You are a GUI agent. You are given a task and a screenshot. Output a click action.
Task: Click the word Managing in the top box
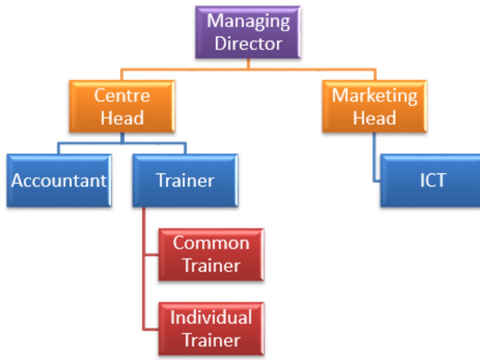pyautogui.click(x=248, y=21)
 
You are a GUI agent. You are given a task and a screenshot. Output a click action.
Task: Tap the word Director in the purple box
pyautogui.click(x=248, y=44)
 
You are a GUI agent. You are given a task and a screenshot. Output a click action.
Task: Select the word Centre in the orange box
pyautogui.click(x=122, y=96)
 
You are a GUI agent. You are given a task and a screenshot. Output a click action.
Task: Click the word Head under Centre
pyautogui.click(x=122, y=118)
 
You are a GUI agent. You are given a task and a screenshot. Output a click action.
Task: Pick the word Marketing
pyautogui.click(x=374, y=96)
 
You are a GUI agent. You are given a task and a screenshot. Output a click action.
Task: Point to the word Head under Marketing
pyautogui.click(x=374, y=118)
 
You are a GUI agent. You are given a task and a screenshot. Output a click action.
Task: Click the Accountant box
pyautogui.click(x=59, y=180)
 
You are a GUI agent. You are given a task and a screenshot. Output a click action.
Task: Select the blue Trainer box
pyautogui.click(x=185, y=180)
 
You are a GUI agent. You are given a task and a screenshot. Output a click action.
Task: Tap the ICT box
pyautogui.click(x=432, y=180)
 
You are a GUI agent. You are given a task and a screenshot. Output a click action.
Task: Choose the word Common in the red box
pyautogui.click(x=211, y=243)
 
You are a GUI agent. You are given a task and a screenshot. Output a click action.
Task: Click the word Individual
pyautogui.click(x=211, y=318)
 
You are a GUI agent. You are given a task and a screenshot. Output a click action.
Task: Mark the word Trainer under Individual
pyautogui.click(x=211, y=340)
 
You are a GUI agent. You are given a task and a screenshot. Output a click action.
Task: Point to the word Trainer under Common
pyautogui.click(x=211, y=266)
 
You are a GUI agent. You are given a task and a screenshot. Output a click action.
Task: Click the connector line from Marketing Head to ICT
pyautogui.click(x=374, y=158)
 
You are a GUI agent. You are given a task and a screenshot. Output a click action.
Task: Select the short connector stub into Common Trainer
pyautogui.click(x=151, y=254)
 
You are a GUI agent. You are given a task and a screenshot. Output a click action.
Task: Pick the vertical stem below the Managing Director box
pyautogui.click(x=248, y=64)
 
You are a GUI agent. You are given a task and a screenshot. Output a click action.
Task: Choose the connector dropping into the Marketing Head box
pyautogui.click(x=374, y=75)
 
